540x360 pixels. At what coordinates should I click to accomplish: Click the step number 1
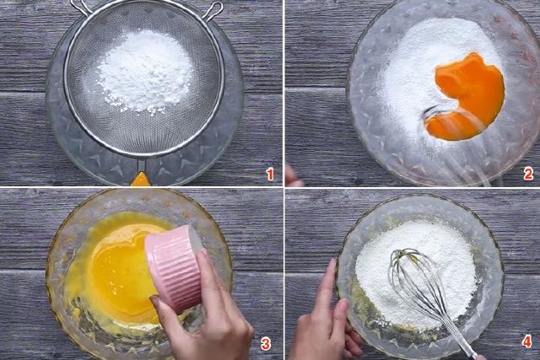(270, 175)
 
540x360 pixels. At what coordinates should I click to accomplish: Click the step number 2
(528, 175)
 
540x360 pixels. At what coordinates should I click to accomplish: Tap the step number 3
(265, 344)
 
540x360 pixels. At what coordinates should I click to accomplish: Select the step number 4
(526, 342)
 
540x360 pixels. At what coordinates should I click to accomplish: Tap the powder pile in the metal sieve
(145, 72)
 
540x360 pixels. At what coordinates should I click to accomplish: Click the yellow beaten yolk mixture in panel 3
(117, 268)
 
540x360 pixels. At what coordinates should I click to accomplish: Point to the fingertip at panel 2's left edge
(294, 175)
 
